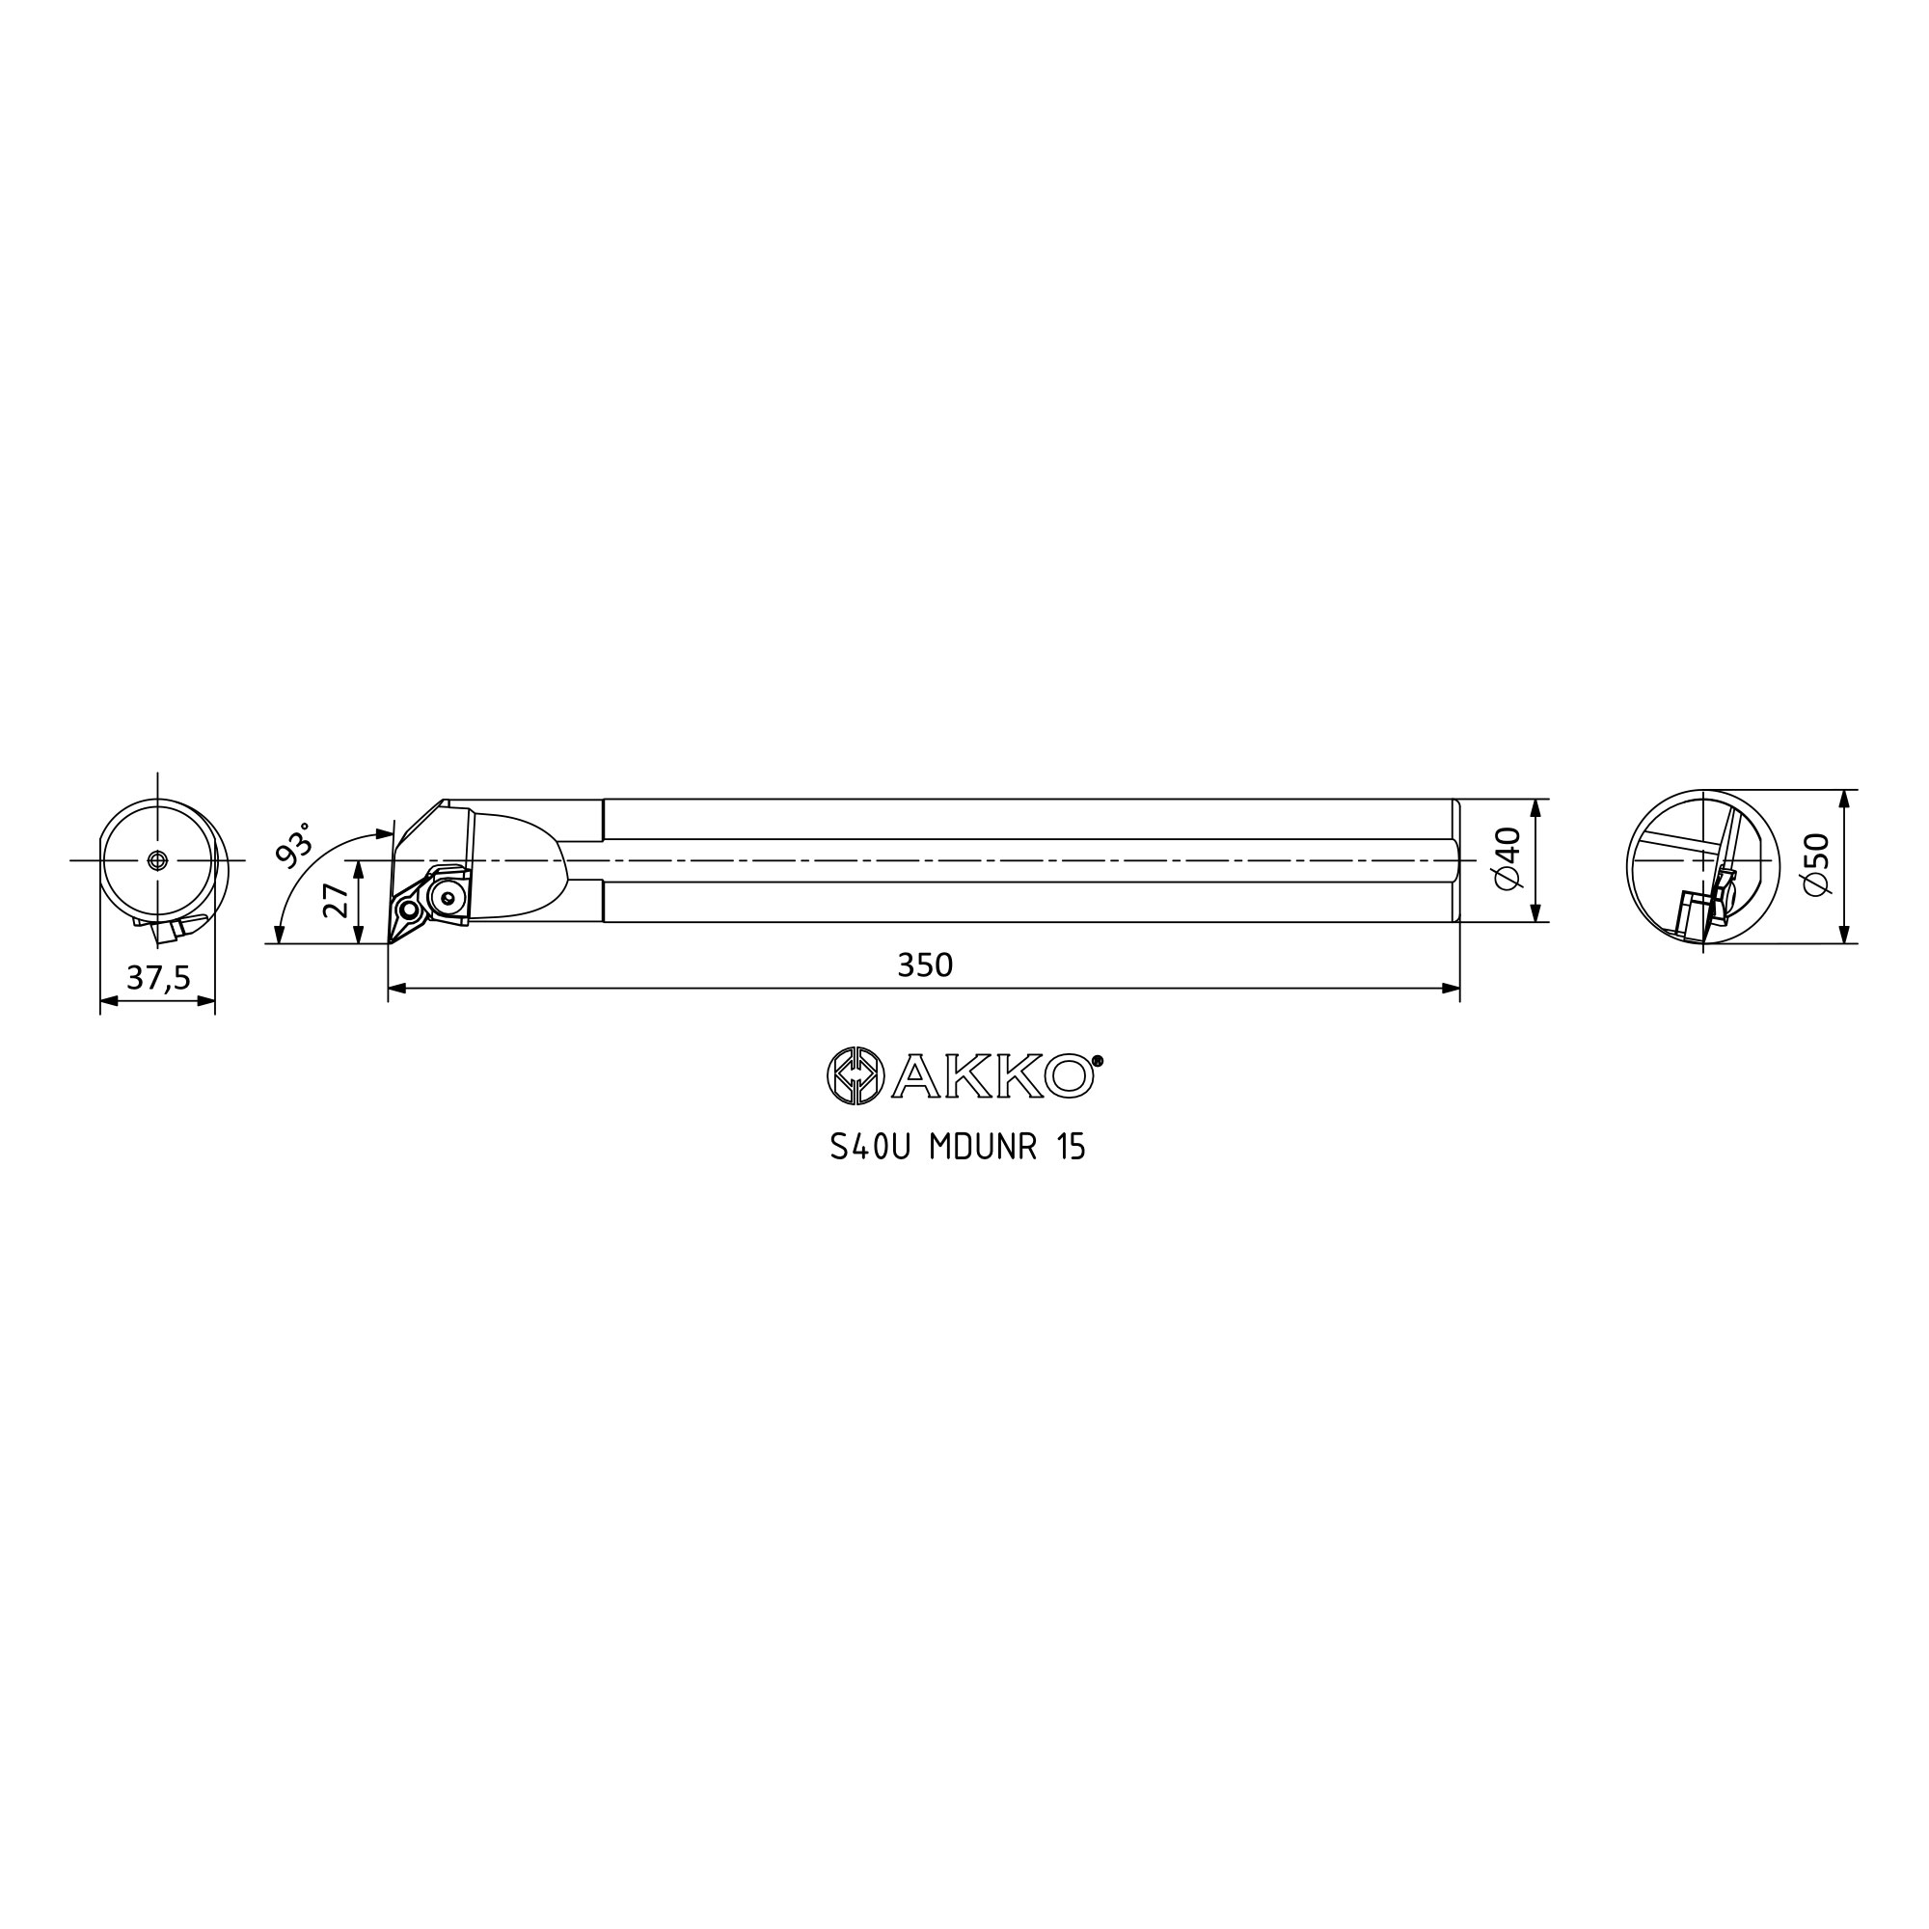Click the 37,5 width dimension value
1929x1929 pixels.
pyautogui.click(x=158, y=977)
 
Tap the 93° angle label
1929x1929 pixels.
pyautogui.click(x=293, y=844)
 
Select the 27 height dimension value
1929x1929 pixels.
pyautogui.click(x=337, y=901)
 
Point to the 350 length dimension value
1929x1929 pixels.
pyautogui.click(x=925, y=964)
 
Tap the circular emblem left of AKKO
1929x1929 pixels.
pyautogui.click(x=856, y=1076)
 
